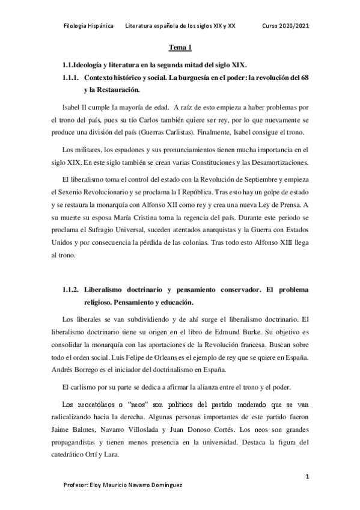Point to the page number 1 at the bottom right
coord(307,476)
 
